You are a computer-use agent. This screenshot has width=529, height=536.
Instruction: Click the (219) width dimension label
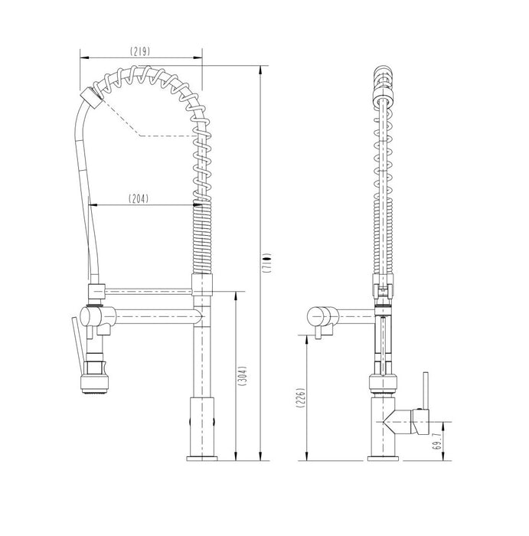click(x=140, y=51)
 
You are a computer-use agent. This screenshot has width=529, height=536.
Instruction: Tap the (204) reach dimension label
click(x=139, y=198)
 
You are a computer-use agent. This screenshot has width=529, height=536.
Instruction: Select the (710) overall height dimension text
click(x=267, y=263)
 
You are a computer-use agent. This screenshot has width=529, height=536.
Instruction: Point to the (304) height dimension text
click(x=242, y=376)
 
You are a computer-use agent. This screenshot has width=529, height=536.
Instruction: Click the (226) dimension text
click(x=300, y=397)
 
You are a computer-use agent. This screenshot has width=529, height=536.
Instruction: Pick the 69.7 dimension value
click(x=436, y=441)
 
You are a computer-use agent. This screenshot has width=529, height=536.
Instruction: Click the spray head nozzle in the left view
click(x=96, y=384)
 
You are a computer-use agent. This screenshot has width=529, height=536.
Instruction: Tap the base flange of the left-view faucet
click(x=202, y=459)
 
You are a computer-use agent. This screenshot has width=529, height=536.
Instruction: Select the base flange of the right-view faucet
click(x=383, y=459)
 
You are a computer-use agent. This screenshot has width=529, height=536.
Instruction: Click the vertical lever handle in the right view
click(x=426, y=391)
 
